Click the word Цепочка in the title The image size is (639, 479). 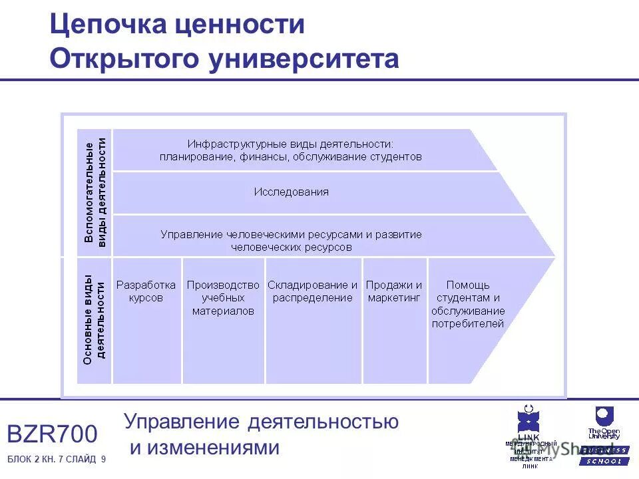pyautogui.click(x=107, y=25)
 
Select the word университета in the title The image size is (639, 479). pyautogui.click(x=304, y=59)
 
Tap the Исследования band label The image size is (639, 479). pyautogui.click(x=291, y=192)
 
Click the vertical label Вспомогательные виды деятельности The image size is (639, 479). pyautogui.click(x=95, y=192)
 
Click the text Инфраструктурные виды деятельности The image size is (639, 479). pyautogui.click(x=290, y=144)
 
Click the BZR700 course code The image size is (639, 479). pyautogui.click(x=52, y=434)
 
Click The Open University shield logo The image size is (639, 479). pyautogui.click(x=603, y=417)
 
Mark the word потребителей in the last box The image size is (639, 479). pyautogui.click(x=467, y=324)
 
